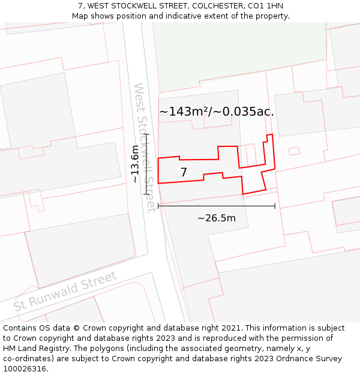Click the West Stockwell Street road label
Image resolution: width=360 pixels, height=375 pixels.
(x=144, y=147)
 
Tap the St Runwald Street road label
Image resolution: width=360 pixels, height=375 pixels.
(x=65, y=291)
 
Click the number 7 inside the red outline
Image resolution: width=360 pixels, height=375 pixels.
(x=184, y=173)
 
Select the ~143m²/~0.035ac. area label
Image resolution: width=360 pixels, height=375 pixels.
(x=217, y=112)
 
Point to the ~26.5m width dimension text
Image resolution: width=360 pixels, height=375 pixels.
(x=217, y=218)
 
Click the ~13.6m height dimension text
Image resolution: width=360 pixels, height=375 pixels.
(x=136, y=164)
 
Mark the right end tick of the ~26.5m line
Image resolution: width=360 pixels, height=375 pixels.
(x=275, y=206)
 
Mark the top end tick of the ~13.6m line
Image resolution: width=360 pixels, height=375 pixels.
(x=146, y=135)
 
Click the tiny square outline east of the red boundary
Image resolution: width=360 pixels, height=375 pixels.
(x=294, y=151)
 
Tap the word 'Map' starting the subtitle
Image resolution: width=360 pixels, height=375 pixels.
(x=80, y=16)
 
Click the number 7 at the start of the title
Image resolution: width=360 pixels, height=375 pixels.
(x=80, y=6)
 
